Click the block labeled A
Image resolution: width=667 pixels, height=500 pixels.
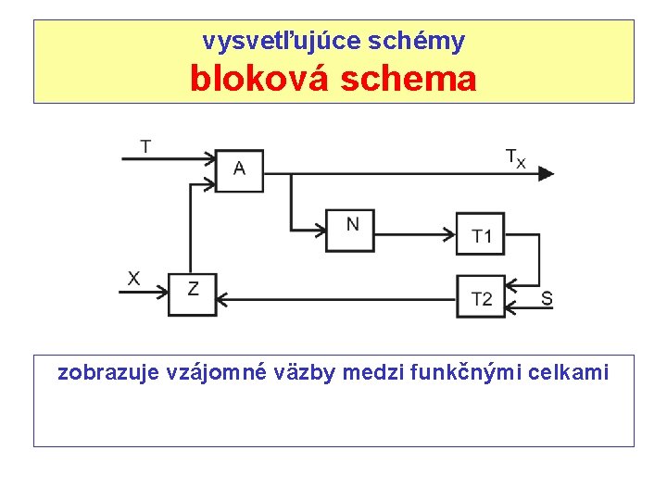tap(239, 170)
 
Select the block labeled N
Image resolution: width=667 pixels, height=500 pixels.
tap(350, 230)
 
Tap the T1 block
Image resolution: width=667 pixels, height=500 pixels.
tap(481, 232)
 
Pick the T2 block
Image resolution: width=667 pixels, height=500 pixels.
tap(481, 296)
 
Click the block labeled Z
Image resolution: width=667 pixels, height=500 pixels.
tap(192, 294)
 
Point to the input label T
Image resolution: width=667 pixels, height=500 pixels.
tap(146, 145)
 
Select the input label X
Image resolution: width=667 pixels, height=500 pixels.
tap(134, 277)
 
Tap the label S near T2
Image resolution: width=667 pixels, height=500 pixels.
tap(547, 298)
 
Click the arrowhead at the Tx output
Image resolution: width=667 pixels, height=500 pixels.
tap(547, 172)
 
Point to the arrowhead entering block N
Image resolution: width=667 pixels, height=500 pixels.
tap(320, 230)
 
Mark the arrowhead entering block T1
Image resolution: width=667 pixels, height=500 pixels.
tap(450, 230)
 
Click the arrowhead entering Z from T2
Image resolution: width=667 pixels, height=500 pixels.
tap(222, 298)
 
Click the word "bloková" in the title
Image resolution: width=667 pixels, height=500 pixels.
tap(261, 79)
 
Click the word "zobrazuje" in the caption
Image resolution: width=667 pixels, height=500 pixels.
tap(105, 372)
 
